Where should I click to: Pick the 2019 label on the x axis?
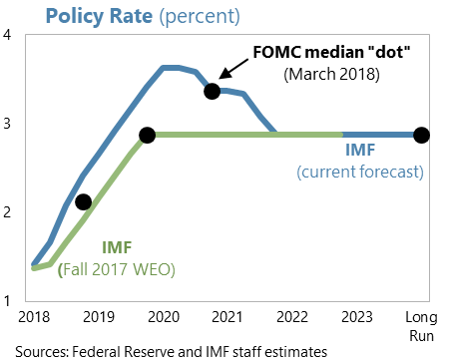pyautogui.click(x=98, y=317)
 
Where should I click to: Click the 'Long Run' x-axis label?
pyautogui.click(x=421, y=324)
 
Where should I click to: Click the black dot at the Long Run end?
pyautogui.click(x=421, y=135)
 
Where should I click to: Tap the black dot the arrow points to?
pyautogui.click(x=212, y=91)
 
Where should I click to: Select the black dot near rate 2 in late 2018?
pyautogui.click(x=84, y=202)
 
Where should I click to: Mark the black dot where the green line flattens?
pyautogui.click(x=148, y=135)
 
